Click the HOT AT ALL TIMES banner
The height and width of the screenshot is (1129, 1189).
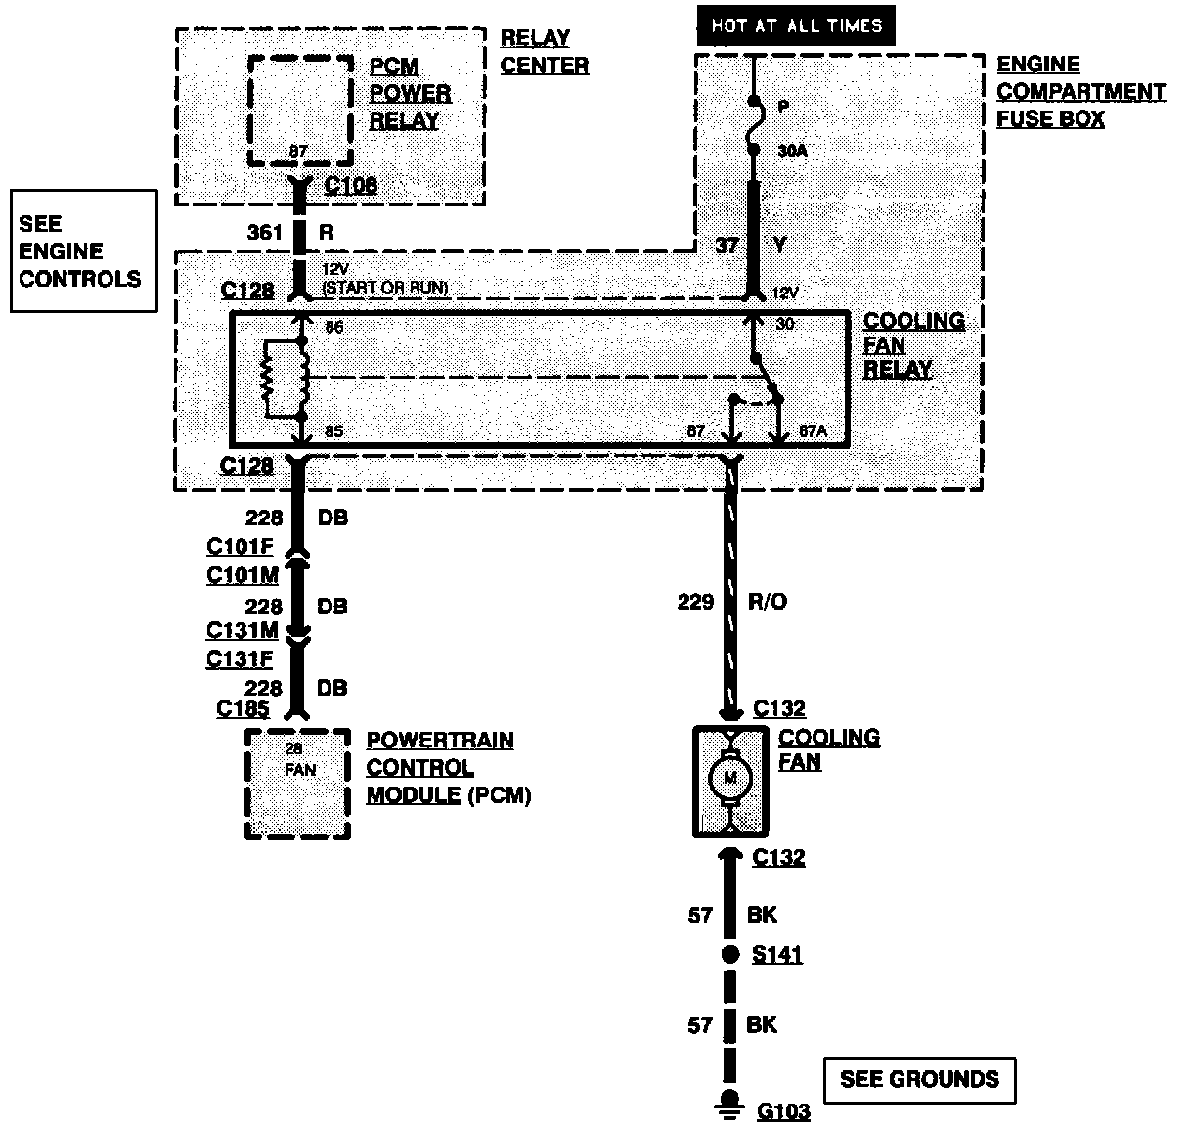(x=796, y=24)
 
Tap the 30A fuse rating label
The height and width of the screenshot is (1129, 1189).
(x=792, y=152)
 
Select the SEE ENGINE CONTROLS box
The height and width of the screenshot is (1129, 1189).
(x=83, y=251)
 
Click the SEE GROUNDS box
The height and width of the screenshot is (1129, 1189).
(x=919, y=1080)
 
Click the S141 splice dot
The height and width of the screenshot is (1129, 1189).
(x=729, y=955)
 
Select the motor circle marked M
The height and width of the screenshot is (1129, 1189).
(x=728, y=780)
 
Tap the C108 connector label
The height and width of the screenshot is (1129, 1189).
(x=351, y=185)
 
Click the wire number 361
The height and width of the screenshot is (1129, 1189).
(x=265, y=233)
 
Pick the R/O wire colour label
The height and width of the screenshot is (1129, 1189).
(x=767, y=602)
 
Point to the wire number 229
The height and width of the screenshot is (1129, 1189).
(x=695, y=602)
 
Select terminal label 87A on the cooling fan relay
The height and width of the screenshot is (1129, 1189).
(x=813, y=431)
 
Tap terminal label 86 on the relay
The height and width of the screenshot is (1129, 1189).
(x=334, y=328)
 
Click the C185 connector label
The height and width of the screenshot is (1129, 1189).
(x=242, y=709)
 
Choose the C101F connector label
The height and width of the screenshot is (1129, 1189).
(x=240, y=547)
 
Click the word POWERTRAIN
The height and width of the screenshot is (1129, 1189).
(x=440, y=741)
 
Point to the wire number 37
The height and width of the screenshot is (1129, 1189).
(x=727, y=245)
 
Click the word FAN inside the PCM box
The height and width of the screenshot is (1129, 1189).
(x=300, y=770)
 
